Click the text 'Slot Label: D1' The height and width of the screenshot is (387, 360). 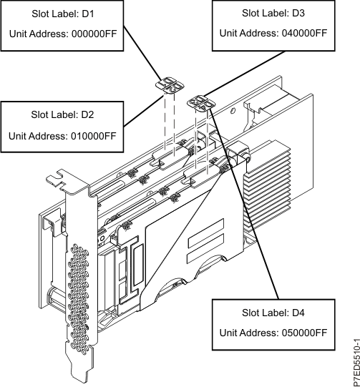[63, 14]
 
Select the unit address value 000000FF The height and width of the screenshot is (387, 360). [94, 34]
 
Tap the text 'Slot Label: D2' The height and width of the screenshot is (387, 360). [62, 114]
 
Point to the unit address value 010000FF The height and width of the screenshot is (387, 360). [94, 136]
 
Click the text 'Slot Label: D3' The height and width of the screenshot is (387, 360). [273, 13]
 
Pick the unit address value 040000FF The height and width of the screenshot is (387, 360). [304, 33]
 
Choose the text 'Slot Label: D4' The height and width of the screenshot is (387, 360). [273, 313]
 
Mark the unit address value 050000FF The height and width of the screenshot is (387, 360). [304, 333]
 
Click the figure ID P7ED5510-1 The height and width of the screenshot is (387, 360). [356, 363]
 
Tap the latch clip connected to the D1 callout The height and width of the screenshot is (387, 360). [170, 85]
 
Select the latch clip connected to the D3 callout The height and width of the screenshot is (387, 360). [201, 102]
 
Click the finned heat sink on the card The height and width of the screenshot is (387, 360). [267, 185]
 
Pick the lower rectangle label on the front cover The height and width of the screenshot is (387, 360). [206, 248]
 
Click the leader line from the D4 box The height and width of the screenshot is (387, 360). [244, 204]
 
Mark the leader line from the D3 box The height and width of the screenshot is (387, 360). [245, 74]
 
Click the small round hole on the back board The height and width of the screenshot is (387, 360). [233, 111]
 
